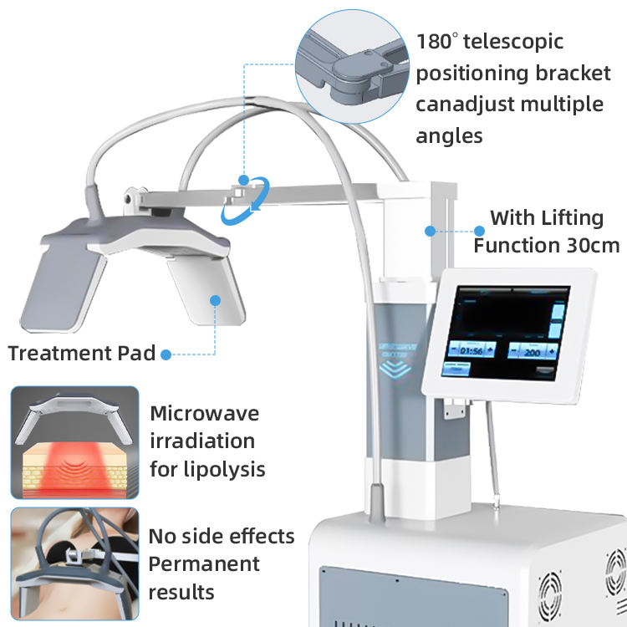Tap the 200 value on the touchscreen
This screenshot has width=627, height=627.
pyautogui.click(x=531, y=351)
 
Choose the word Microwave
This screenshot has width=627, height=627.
pyautogui.click(x=205, y=413)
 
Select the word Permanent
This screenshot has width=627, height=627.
pyautogui.click(x=204, y=564)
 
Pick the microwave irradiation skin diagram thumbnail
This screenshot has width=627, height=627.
pyautogui.click(x=74, y=441)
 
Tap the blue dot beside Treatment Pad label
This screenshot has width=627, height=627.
pyautogui.click(x=166, y=354)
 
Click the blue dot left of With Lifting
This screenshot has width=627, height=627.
pyautogui.click(x=479, y=231)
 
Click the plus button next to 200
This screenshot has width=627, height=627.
pyautogui.click(x=553, y=351)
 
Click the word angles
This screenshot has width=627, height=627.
pyautogui.click(x=449, y=135)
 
